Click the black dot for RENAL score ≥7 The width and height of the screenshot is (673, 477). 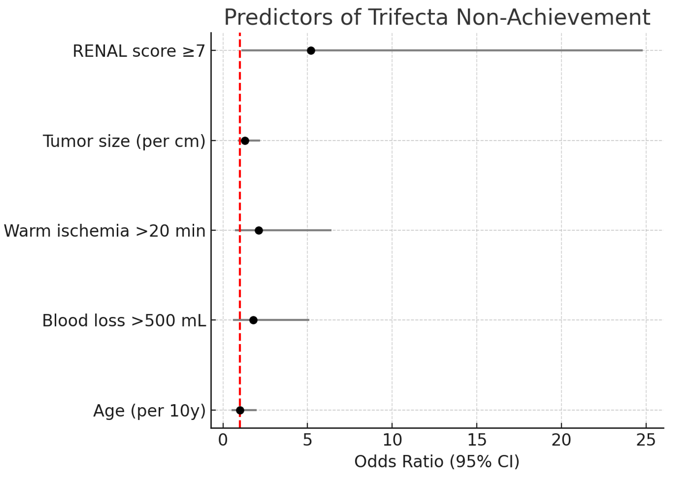coord(311,51)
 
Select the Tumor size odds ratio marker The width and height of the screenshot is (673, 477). coord(245,141)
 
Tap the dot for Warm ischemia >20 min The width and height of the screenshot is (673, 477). coord(259,231)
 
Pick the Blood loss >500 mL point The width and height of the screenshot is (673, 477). coord(253,320)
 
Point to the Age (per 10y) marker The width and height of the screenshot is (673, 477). coord(240,410)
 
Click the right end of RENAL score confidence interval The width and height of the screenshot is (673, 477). coord(642,51)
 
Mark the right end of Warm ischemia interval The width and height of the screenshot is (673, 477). coord(331,231)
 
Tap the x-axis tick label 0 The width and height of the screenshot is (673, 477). coord(223,441)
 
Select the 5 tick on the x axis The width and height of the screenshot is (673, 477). coord(307,441)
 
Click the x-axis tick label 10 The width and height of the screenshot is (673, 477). coord(392,441)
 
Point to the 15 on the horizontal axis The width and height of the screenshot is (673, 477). coord(477,441)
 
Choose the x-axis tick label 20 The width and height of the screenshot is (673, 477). coord(561,441)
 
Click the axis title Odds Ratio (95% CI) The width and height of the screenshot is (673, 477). coord(437,462)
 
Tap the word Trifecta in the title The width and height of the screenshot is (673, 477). coord(408,18)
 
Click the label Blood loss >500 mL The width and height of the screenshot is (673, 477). coord(124,321)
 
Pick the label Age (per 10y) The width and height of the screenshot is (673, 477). coord(149,411)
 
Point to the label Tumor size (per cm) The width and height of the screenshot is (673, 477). coord(124,141)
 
